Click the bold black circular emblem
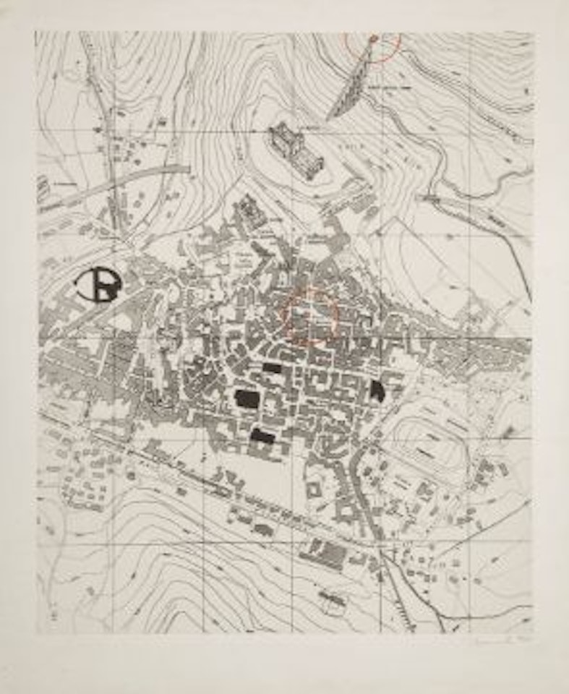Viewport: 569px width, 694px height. coord(99,284)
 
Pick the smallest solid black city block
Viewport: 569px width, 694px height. coord(272,368)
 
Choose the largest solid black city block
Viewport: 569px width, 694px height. coord(246,398)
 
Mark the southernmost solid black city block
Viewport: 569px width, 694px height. coord(262,435)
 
